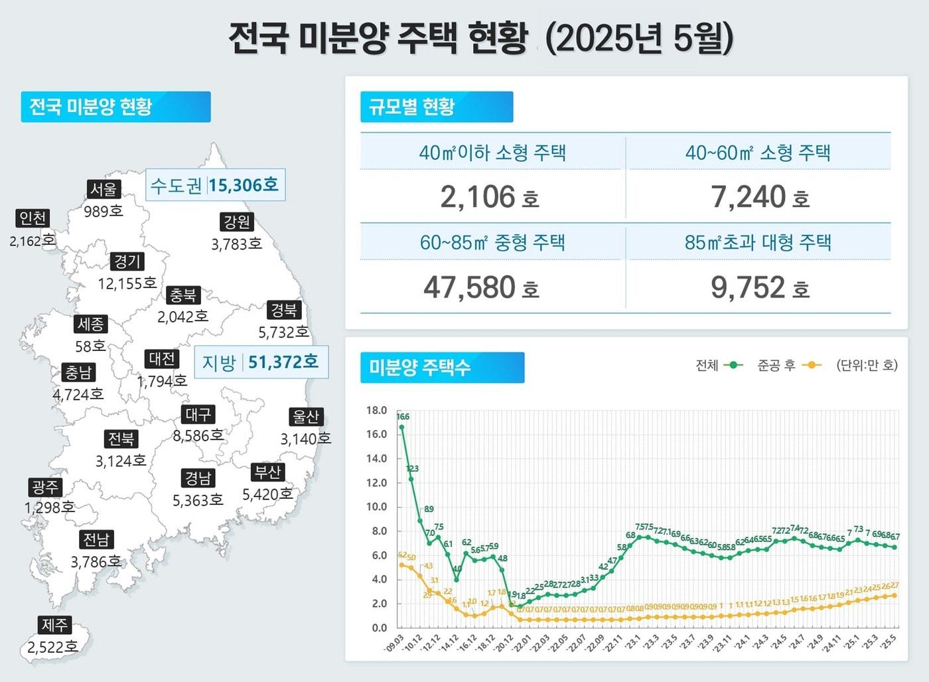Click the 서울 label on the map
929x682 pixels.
pos(104,190)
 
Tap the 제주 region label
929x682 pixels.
pos(54,625)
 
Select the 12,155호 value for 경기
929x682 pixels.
pos(127,284)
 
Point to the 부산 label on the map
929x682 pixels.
pos(268,472)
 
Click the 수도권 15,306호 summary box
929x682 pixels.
pos(215,185)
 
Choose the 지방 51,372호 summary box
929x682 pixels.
pos(261,362)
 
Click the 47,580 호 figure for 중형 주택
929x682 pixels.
pos(481,288)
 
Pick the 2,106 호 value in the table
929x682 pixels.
pos(490,198)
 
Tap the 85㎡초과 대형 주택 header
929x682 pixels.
pos(758,242)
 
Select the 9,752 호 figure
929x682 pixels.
pos(760,288)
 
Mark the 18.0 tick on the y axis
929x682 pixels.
pos(376,411)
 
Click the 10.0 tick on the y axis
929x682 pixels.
pos(376,507)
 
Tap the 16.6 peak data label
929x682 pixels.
pos(403,417)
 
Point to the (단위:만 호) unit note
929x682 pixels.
pos(867,366)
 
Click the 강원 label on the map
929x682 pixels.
pos(237,222)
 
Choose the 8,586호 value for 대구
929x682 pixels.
pos(198,436)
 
